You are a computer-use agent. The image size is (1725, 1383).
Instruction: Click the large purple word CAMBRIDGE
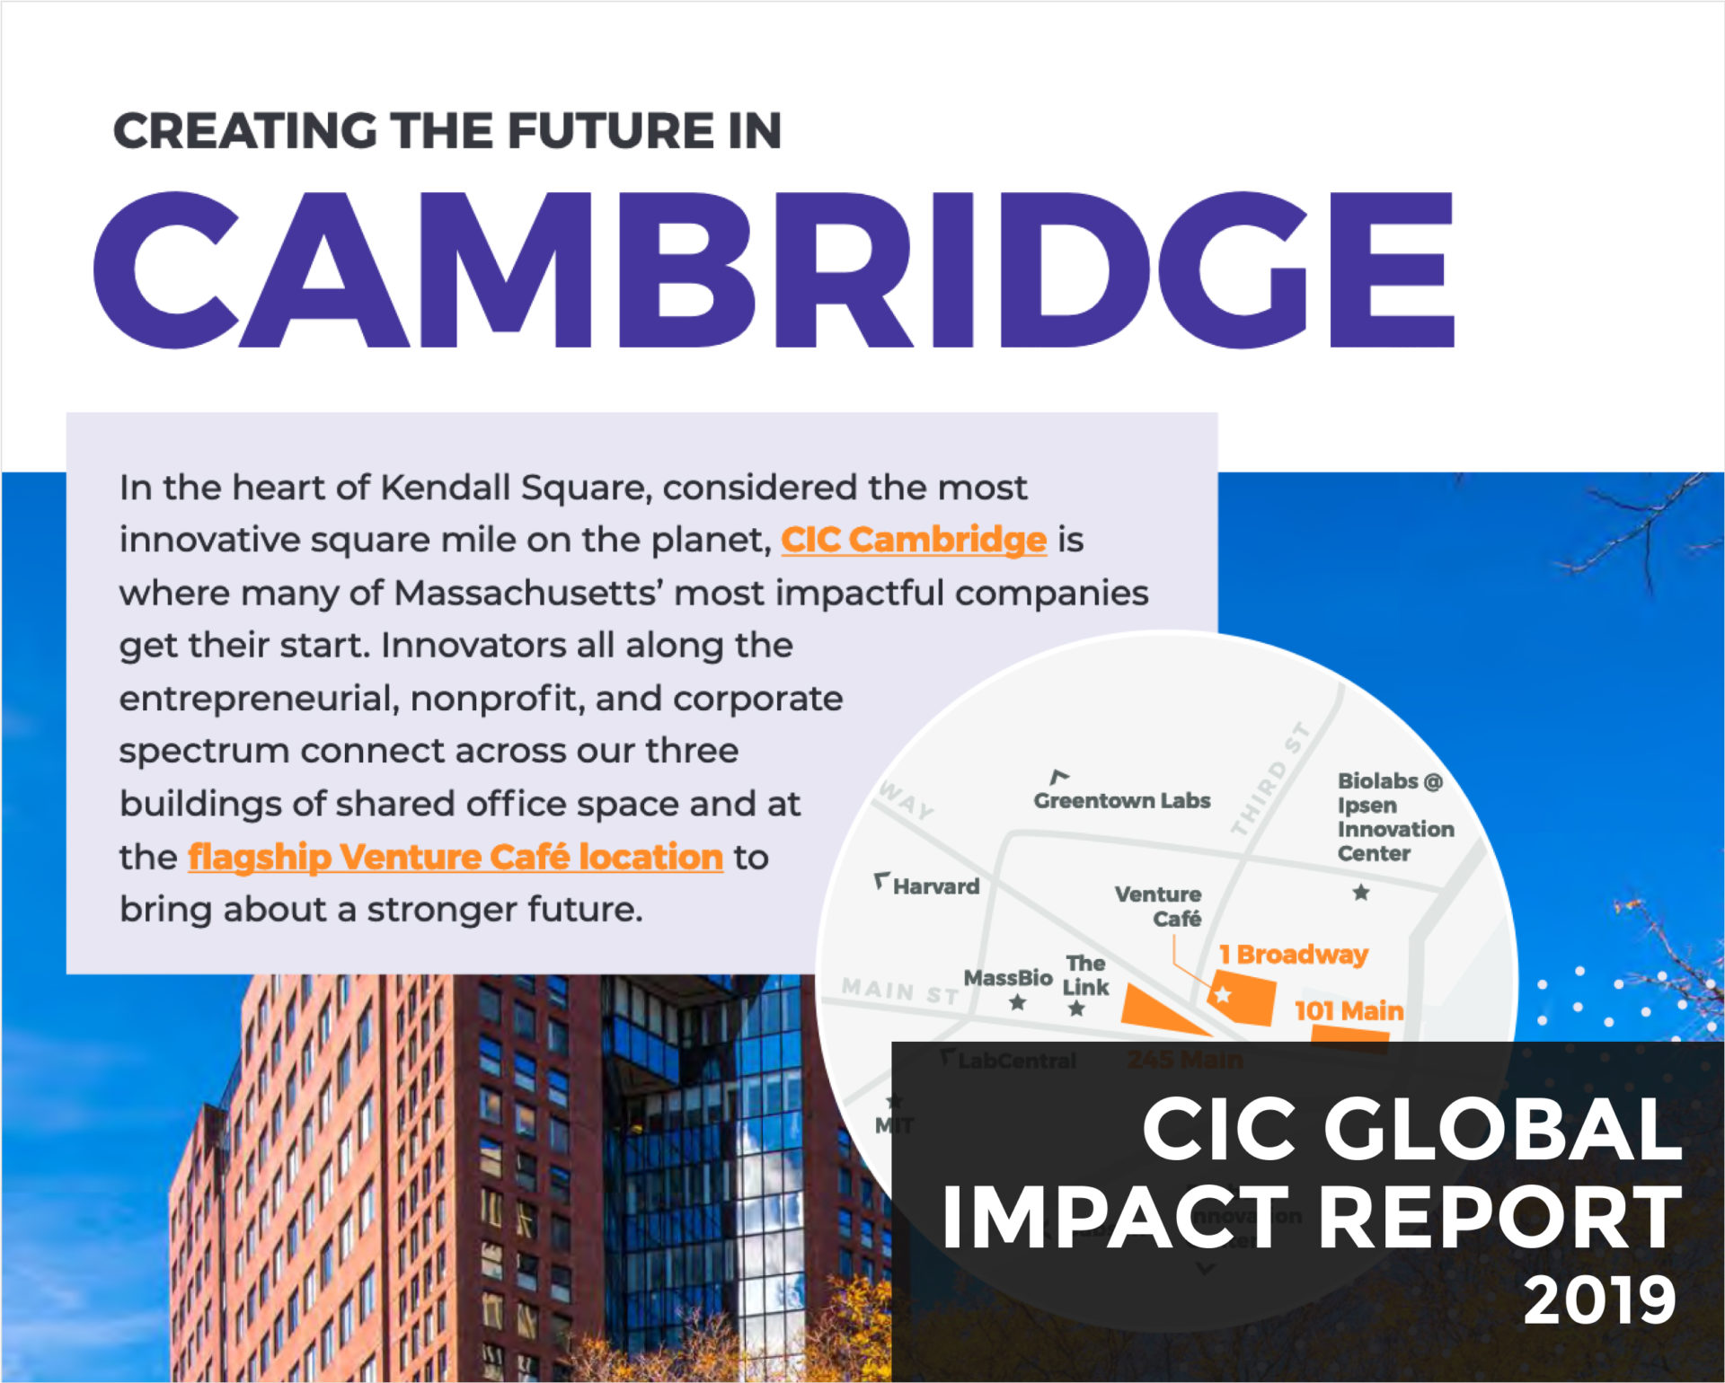[773, 269]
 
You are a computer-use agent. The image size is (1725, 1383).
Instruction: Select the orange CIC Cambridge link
[914, 540]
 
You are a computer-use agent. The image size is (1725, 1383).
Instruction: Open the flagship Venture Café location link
[456, 857]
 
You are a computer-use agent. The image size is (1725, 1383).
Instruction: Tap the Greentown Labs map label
[1121, 800]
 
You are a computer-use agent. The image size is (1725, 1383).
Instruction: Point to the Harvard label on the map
[935, 886]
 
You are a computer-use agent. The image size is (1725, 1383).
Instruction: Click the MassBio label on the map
[1007, 977]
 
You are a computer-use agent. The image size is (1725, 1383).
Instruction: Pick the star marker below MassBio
[1017, 1002]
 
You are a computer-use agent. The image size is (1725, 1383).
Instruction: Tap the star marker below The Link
[1076, 1009]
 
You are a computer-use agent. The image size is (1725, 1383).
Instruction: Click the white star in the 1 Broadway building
[1223, 994]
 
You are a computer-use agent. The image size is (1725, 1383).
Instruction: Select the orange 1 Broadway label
[1293, 954]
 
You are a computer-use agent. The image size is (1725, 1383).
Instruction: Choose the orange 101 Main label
[1349, 1010]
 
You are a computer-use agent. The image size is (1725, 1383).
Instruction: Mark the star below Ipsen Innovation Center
[1361, 892]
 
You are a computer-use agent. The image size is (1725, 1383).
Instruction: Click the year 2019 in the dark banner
[1600, 1299]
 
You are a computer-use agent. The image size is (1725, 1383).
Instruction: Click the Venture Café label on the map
[1158, 906]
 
